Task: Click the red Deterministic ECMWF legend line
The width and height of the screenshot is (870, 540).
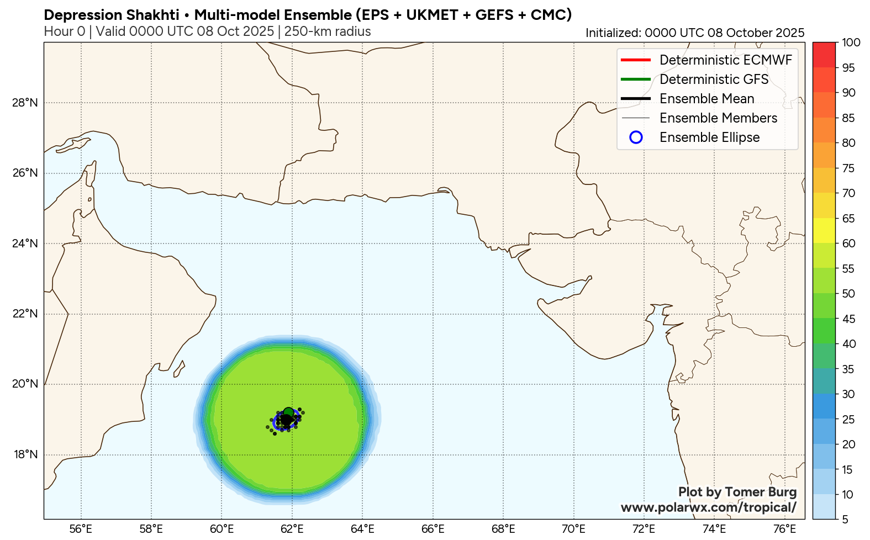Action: (x=635, y=60)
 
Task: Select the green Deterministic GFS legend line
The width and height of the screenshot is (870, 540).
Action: (x=635, y=79)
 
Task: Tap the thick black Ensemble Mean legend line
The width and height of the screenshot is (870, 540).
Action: (x=635, y=98)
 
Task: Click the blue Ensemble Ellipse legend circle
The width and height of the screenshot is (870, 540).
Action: (x=636, y=137)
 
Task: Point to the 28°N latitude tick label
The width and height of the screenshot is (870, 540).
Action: (x=25, y=103)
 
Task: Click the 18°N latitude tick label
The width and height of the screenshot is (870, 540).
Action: (x=25, y=454)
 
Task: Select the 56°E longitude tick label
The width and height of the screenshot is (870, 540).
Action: (x=81, y=529)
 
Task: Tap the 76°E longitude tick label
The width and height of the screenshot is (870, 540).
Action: (x=784, y=529)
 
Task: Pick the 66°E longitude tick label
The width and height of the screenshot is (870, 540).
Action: (x=433, y=529)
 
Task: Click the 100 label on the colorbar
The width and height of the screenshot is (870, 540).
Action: (x=851, y=43)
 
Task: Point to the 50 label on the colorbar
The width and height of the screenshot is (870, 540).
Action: (x=848, y=294)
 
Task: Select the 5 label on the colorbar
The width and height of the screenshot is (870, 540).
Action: (x=845, y=520)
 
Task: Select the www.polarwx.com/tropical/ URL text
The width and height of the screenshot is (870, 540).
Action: (x=708, y=507)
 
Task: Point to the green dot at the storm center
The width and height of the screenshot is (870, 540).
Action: (x=288, y=412)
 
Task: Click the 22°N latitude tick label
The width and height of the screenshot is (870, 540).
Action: (x=25, y=314)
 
